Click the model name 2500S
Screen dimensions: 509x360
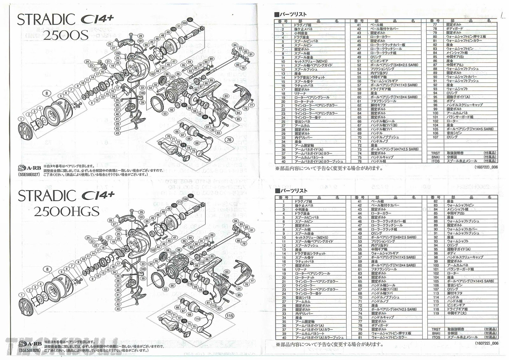pyautogui.click(x=66, y=35)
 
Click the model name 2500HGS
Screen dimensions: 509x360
pyautogui.click(x=66, y=211)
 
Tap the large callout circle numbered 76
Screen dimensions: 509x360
pyautogui.click(x=229, y=140)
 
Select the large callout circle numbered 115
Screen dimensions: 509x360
pyautogui.click(x=229, y=316)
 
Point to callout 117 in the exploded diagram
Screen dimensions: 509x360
pyautogui.click(x=180, y=203)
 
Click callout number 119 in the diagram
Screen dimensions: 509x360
pyautogui.click(x=201, y=262)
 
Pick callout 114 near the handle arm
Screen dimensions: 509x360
pyautogui.click(x=198, y=319)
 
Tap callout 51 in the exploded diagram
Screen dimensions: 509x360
pyautogui.click(x=179, y=26)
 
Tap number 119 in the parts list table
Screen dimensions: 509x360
pyautogui.click(x=436, y=313)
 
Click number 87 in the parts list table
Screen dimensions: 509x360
pyautogui.click(x=435, y=65)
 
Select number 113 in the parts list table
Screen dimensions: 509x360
pyautogui.click(x=436, y=293)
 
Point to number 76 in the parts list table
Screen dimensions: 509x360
pyautogui.click(x=359, y=161)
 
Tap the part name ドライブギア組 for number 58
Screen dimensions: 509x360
pyautogui.click(x=380, y=89)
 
